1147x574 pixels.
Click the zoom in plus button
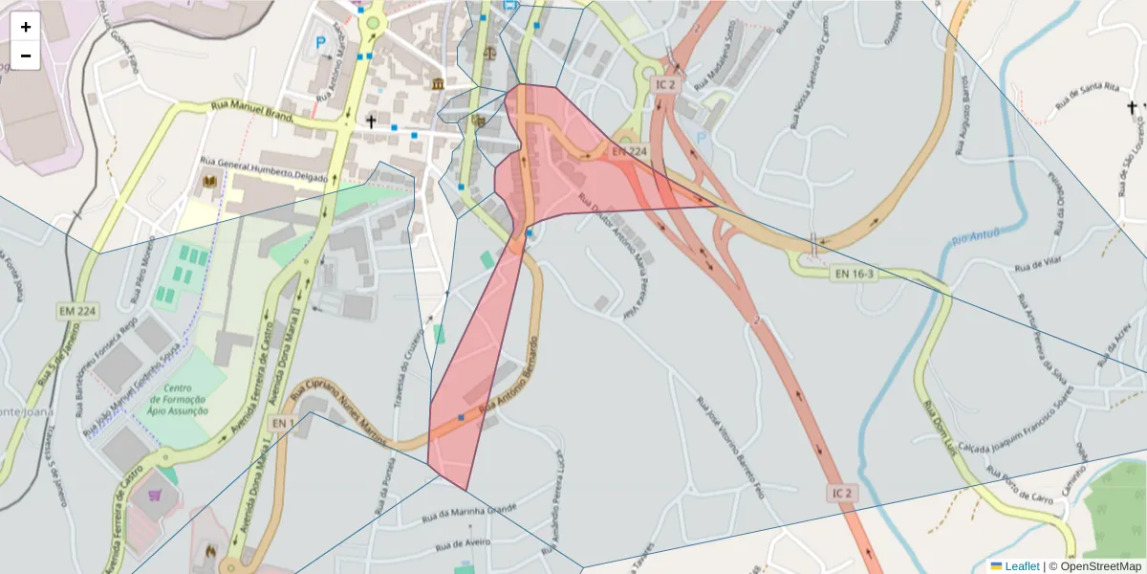(x=26, y=27)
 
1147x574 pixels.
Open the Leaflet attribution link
(x=1022, y=566)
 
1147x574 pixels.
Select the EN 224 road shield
(x=630, y=151)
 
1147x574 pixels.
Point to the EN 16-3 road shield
(x=855, y=275)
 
